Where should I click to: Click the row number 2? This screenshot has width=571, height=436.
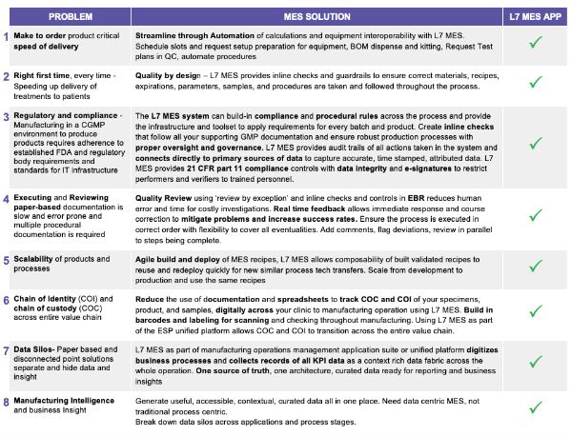pos(7,75)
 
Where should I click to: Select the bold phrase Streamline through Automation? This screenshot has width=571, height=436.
pos(194,35)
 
